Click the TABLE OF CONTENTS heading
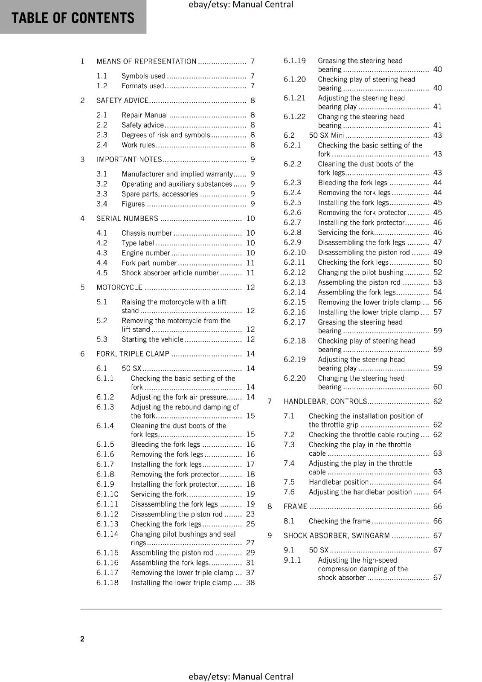click(73, 18)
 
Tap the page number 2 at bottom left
click(82, 639)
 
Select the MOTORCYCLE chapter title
click(119, 288)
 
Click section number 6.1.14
click(107, 534)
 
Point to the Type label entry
click(137, 243)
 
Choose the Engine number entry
click(145, 253)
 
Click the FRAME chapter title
click(295, 507)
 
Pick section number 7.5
click(289, 482)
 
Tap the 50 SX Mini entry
click(326, 136)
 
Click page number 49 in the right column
click(437, 252)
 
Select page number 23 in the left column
click(250, 514)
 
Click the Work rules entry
click(138, 145)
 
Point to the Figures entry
click(133, 204)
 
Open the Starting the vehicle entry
click(152, 340)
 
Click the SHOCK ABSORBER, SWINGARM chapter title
click(337, 536)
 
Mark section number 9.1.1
click(292, 560)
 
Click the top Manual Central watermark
click(241, 5)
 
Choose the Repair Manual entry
click(145, 115)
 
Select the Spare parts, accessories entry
click(160, 194)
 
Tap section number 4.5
click(102, 273)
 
